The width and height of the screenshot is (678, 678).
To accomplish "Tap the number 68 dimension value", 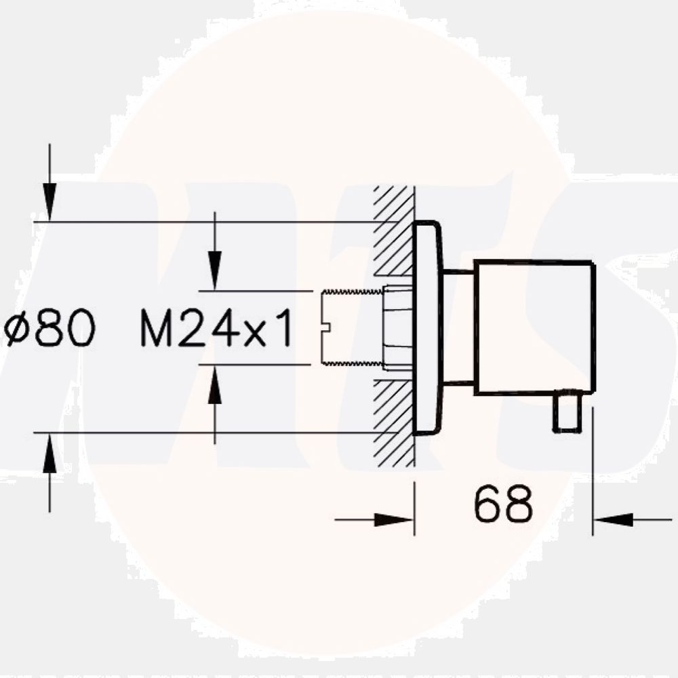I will tap(503, 504).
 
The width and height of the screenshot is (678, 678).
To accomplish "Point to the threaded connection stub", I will tap(349, 329).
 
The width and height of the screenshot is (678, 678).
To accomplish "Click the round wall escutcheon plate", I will tap(428, 329).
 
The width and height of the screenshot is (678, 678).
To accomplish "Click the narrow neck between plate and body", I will tap(458, 329).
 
